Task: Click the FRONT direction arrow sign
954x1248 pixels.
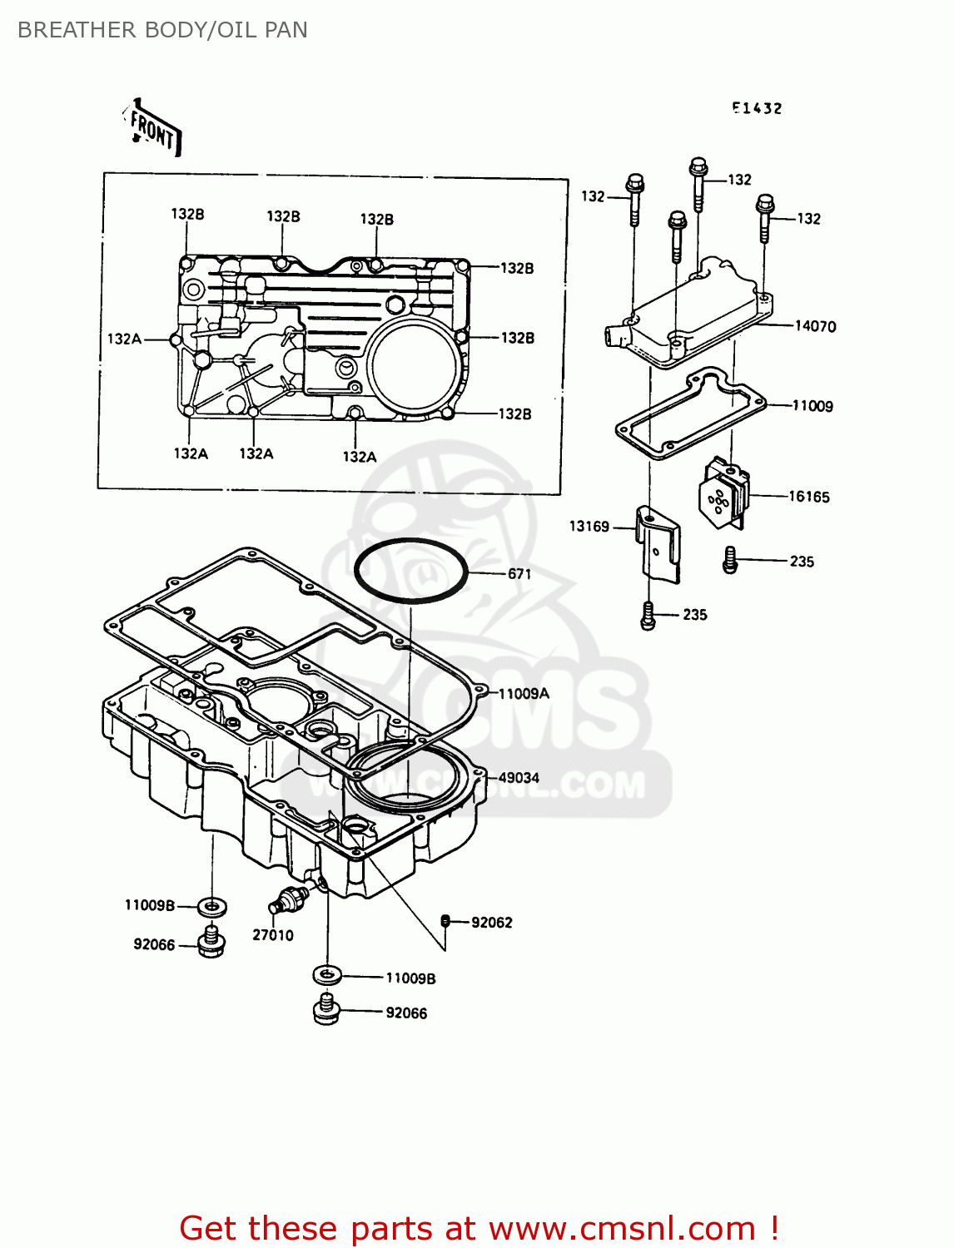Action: tap(153, 129)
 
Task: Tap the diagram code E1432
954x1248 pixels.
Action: tap(757, 108)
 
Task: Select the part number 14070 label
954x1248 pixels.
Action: tap(815, 326)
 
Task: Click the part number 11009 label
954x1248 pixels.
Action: tap(812, 406)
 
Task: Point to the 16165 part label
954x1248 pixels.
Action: tap(809, 497)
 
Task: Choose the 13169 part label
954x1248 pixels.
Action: tap(589, 527)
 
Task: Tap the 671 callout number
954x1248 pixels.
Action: tap(519, 574)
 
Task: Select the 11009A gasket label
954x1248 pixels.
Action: tap(524, 694)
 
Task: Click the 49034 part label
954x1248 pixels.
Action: tap(519, 778)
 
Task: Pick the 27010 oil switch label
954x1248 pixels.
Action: tap(273, 935)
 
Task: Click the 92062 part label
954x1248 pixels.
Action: tap(492, 923)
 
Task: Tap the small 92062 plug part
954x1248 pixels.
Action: tap(446, 920)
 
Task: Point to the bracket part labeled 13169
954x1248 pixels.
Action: tap(658, 544)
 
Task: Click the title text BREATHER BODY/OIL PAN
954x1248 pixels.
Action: tap(162, 30)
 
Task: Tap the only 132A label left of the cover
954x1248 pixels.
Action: tap(124, 339)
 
